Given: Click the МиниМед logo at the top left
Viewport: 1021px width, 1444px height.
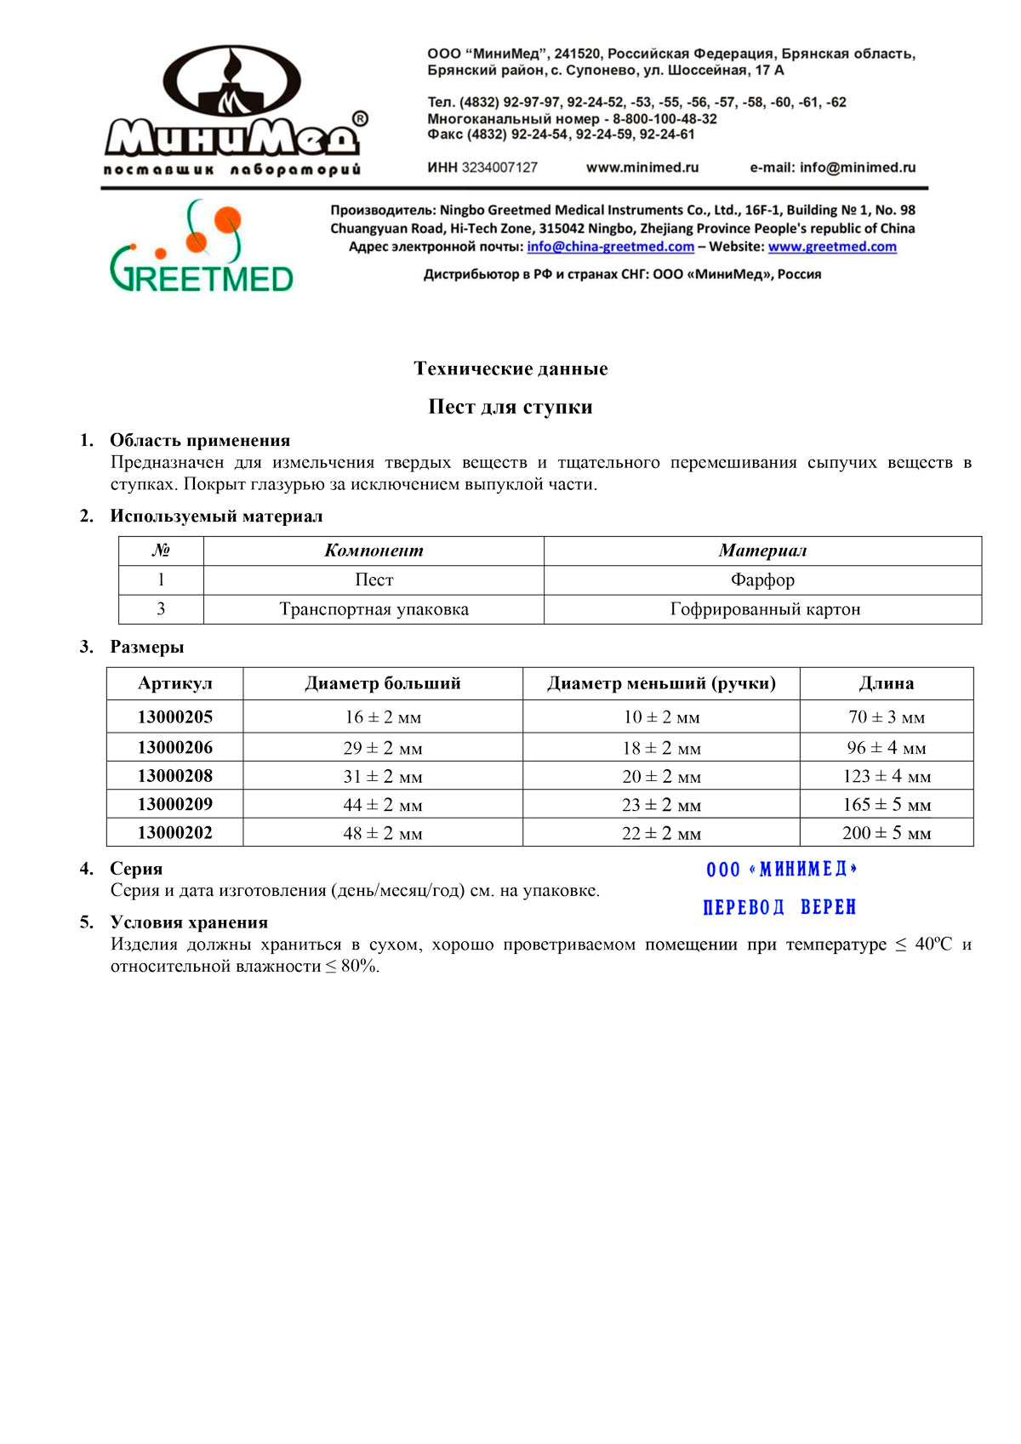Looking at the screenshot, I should [235, 111].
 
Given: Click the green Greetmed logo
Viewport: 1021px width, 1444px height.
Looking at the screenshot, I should [202, 247].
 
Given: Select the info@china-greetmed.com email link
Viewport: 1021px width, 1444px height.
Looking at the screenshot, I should [610, 247].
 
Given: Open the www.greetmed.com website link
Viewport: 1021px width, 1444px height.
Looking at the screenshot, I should [832, 247].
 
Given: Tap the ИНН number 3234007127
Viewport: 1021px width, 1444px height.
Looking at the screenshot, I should [499, 168].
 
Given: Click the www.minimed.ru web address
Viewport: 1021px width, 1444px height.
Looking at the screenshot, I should [642, 168].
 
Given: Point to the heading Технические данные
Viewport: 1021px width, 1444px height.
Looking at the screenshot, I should [510, 368].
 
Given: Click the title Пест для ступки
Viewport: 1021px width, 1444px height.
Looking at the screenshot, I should [510, 407].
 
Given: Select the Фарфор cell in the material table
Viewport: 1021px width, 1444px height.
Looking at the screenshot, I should [762, 580].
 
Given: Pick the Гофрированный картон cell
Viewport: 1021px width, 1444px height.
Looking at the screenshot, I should [765, 609].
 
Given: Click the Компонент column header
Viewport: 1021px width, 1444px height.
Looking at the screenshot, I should [374, 551].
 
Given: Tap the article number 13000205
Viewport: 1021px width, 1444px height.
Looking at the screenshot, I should [175, 717].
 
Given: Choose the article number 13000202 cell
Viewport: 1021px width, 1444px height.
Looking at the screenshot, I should [175, 833].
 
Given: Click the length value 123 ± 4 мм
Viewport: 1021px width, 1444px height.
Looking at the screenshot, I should [887, 776].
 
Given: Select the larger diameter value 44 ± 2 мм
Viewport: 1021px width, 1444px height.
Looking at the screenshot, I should [383, 805].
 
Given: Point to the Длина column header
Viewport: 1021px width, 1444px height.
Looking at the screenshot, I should [887, 683].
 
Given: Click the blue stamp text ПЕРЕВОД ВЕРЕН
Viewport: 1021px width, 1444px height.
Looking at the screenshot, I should [779, 907].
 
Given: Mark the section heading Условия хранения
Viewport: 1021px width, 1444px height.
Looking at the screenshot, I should [189, 922].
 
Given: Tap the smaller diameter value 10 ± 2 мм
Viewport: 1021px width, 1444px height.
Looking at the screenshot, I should [661, 717].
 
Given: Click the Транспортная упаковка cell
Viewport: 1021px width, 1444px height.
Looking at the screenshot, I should [374, 609].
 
